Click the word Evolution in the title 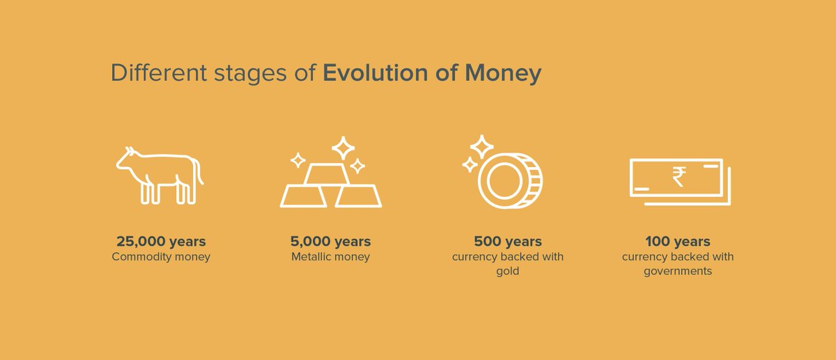[x=375, y=72]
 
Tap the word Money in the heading [x=503, y=74]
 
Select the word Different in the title [x=159, y=72]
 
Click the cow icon [x=160, y=175]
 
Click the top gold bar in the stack [x=327, y=174]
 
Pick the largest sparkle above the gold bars [x=343, y=148]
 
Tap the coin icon [x=510, y=180]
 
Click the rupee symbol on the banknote [x=679, y=177]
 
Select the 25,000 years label [x=161, y=242]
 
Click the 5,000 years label [x=331, y=242]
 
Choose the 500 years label [x=508, y=242]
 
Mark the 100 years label [x=678, y=242]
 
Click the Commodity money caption [x=161, y=257]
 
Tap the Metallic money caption [x=331, y=257]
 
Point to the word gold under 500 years [x=508, y=271]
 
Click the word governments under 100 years [x=678, y=271]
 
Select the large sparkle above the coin [x=482, y=147]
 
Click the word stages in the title [x=250, y=74]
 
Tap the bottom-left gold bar [x=304, y=196]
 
